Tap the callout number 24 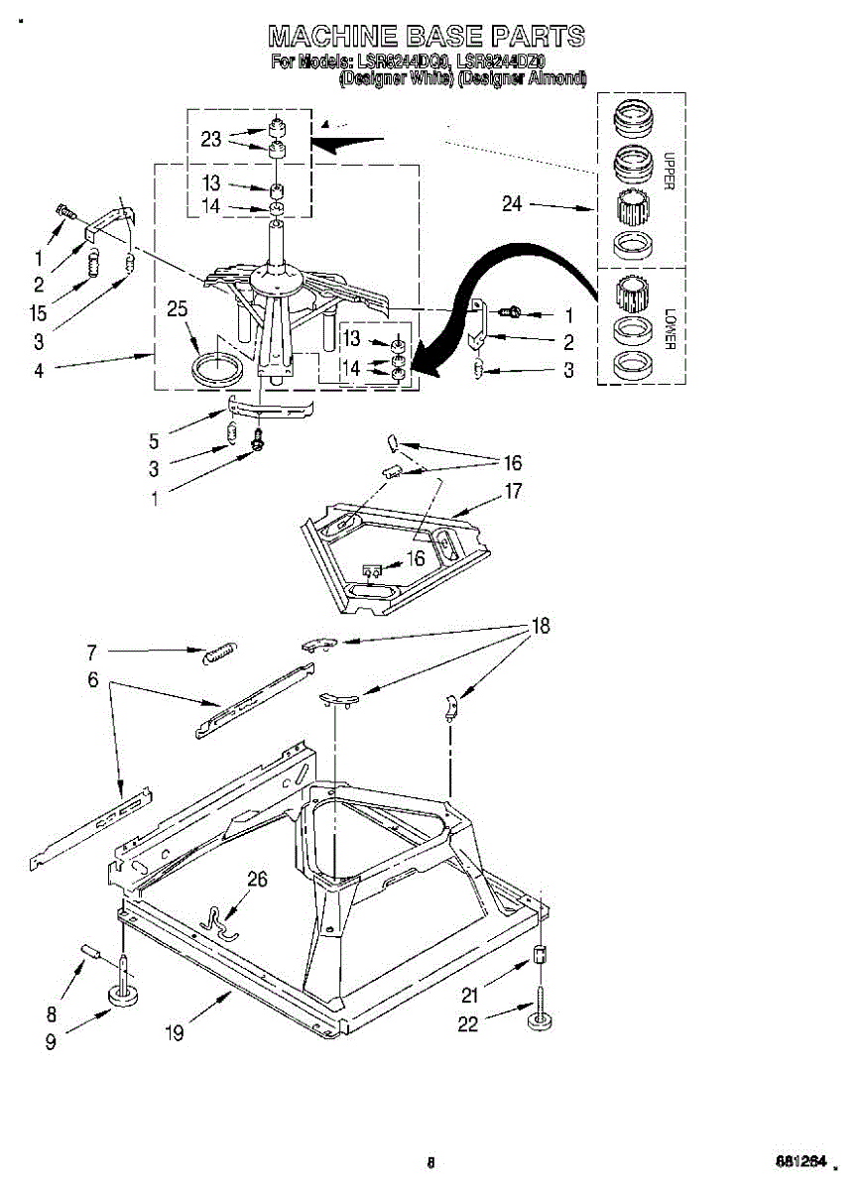coord(512,204)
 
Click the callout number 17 coord(513,490)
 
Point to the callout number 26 coord(257,878)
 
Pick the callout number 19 coord(174,1033)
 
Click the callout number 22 coord(467,1024)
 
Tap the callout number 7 coord(91,652)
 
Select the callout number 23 coord(211,139)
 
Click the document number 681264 coord(800,1160)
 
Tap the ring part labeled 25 coord(216,368)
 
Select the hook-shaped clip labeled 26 coord(217,920)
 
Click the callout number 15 coord(38,313)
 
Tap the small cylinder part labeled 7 coord(218,654)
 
